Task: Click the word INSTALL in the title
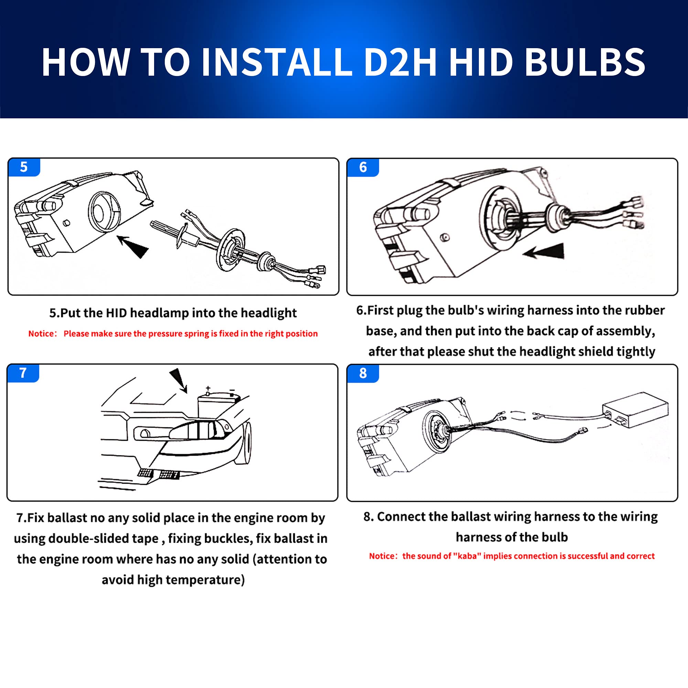(x=277, y=62)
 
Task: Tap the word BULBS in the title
(x=585, y=62)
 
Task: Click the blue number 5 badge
(x=24, y=167)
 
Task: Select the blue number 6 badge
(x=363, y=168)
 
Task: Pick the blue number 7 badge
(x=23, y=373)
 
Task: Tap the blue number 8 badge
(x=363, y=373)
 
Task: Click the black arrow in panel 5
(x=132, y=246)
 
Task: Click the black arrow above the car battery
(x=179, y=381)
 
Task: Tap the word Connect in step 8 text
(x=402, y=516)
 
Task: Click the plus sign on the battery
(x=208, y=388)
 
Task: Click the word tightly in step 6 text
(x=636, y=352)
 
